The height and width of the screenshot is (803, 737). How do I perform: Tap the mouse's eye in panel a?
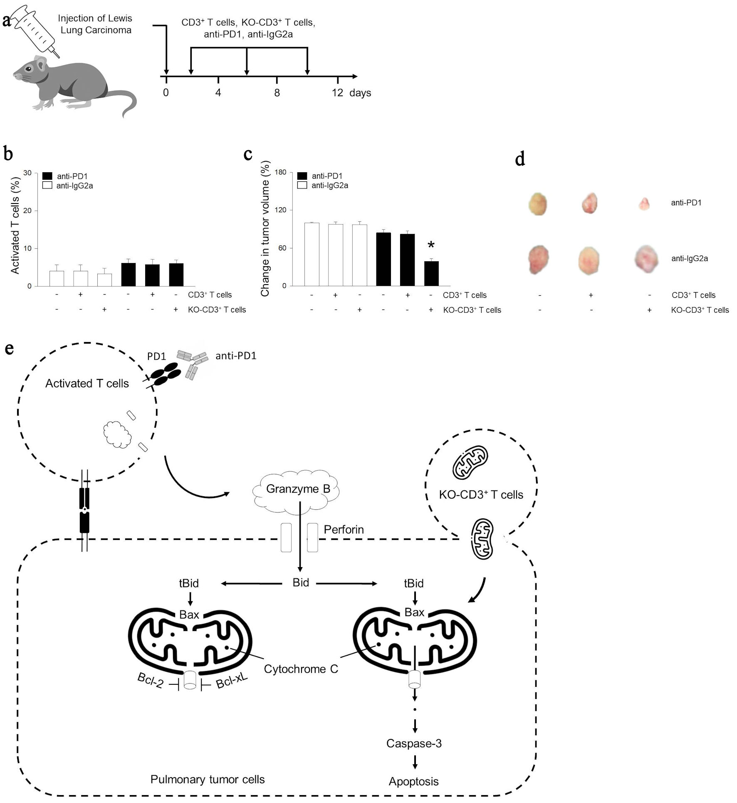click(x=29, y=69)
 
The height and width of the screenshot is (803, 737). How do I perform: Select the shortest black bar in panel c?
click(x=431, y=273)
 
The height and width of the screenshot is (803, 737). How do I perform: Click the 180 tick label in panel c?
click(x=281, y=173)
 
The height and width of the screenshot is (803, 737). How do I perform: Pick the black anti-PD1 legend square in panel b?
click(x=47, y=176)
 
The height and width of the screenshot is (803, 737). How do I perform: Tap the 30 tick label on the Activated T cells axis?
click(x=27, y=173)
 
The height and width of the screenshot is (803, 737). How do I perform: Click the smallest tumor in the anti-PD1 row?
click(x=644, y=204)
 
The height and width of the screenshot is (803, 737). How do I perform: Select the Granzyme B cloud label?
click(x=298, y=489)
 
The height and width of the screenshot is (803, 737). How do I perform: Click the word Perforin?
click(x=344, y=530)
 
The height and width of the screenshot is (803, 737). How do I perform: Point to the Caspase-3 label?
click(x=414, y=744)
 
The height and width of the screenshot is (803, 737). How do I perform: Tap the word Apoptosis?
click(x=413, y=781)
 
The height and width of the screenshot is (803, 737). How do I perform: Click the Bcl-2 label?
click(x=150, y=681)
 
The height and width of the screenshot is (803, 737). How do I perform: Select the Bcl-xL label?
click(x=232, y=681)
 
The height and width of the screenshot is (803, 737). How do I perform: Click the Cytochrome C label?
click(x=301, y=669)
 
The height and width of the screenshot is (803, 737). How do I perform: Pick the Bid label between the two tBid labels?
click(x=301, y=582)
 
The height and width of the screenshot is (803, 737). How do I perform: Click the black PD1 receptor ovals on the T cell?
click(x=165, y=374)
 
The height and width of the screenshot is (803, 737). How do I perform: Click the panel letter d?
click(x=520, y=159)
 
